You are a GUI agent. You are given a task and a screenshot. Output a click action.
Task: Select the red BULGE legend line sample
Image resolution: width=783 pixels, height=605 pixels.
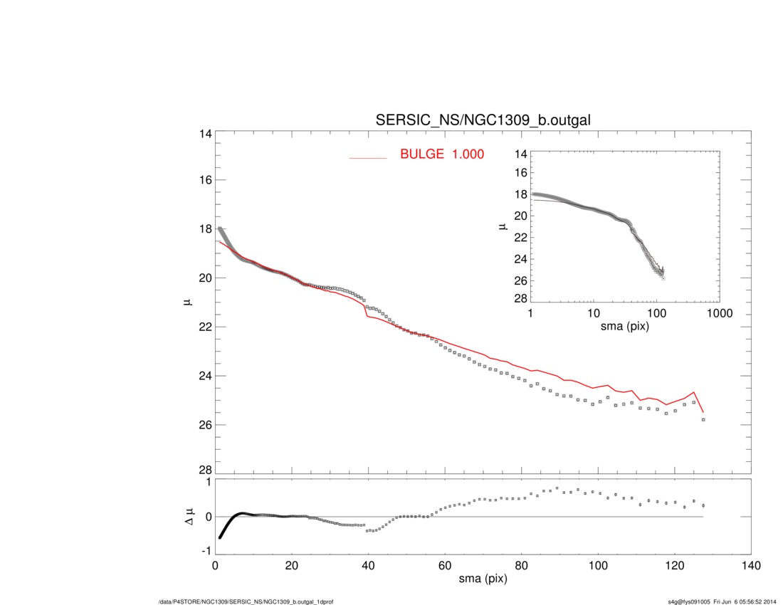pos(367,157)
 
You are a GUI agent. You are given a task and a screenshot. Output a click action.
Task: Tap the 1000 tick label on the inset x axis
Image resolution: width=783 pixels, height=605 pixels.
pos(719,314)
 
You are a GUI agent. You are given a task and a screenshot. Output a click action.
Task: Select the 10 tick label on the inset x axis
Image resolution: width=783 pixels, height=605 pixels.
pos(594,314)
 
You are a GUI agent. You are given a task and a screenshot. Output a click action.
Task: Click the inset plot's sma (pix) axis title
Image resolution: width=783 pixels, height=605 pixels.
pos(625,327)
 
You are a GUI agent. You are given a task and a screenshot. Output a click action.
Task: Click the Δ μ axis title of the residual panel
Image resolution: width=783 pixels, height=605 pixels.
pos(189,517)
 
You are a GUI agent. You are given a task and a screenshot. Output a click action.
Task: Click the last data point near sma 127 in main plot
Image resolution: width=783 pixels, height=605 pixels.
pos(703,420)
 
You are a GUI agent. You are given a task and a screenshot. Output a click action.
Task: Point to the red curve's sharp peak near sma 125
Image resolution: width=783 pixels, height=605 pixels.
pos(694,392)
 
